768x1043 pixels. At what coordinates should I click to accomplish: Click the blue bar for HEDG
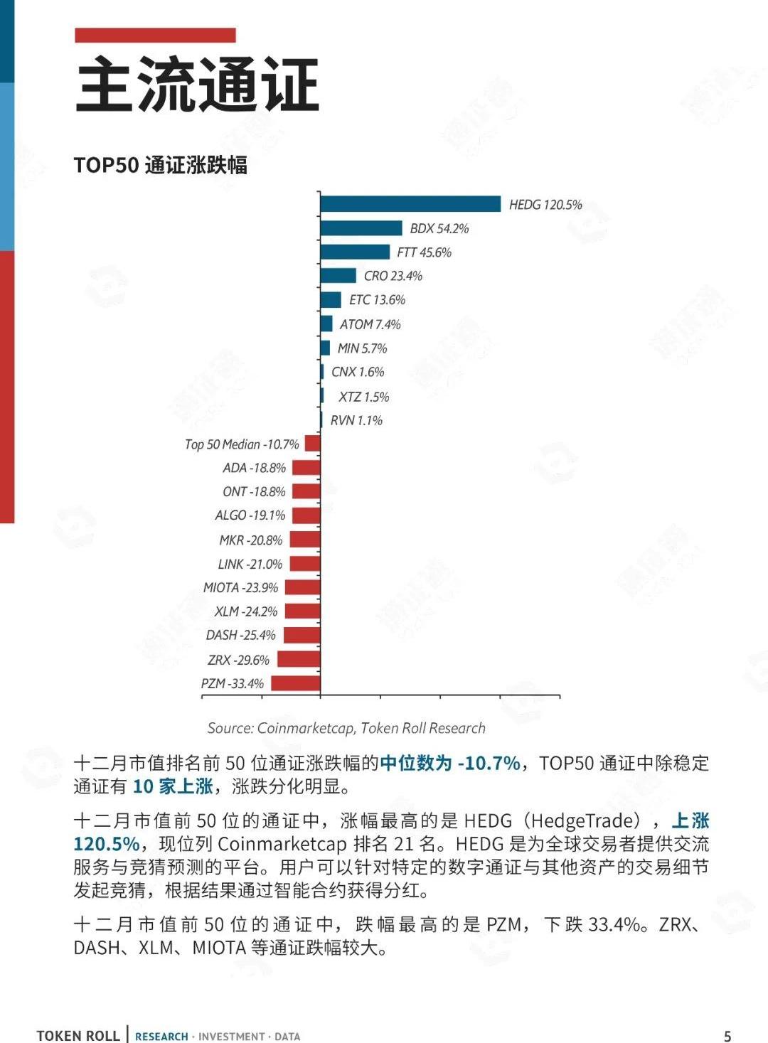[410, 204]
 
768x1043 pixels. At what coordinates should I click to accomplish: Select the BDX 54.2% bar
[361, 228]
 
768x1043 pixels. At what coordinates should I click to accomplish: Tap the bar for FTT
[355, 252]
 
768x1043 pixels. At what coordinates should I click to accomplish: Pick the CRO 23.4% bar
[338, 276]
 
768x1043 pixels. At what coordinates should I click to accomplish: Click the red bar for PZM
[296, 683]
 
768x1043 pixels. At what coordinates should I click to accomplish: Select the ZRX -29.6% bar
[299, 659]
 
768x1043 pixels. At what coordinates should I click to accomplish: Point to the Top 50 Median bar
[313, 444]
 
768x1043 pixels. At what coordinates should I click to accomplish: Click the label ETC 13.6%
[377, 300]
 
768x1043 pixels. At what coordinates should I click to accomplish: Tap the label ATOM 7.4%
[370, 324]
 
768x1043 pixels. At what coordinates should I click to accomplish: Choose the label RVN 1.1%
[356, 420]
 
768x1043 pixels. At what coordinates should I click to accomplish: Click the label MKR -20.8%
[250, 540]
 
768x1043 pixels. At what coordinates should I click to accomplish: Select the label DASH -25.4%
[240, 635]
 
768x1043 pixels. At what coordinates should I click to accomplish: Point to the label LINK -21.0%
[250, 564]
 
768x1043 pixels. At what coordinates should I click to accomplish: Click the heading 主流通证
[197, 85]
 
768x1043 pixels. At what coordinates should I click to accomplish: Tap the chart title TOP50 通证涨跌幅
[161, 165]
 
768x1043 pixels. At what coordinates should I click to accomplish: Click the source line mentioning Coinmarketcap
[346, 728]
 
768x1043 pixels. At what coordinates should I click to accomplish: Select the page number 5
[727, 1036]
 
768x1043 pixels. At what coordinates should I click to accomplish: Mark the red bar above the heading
[155, 35]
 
